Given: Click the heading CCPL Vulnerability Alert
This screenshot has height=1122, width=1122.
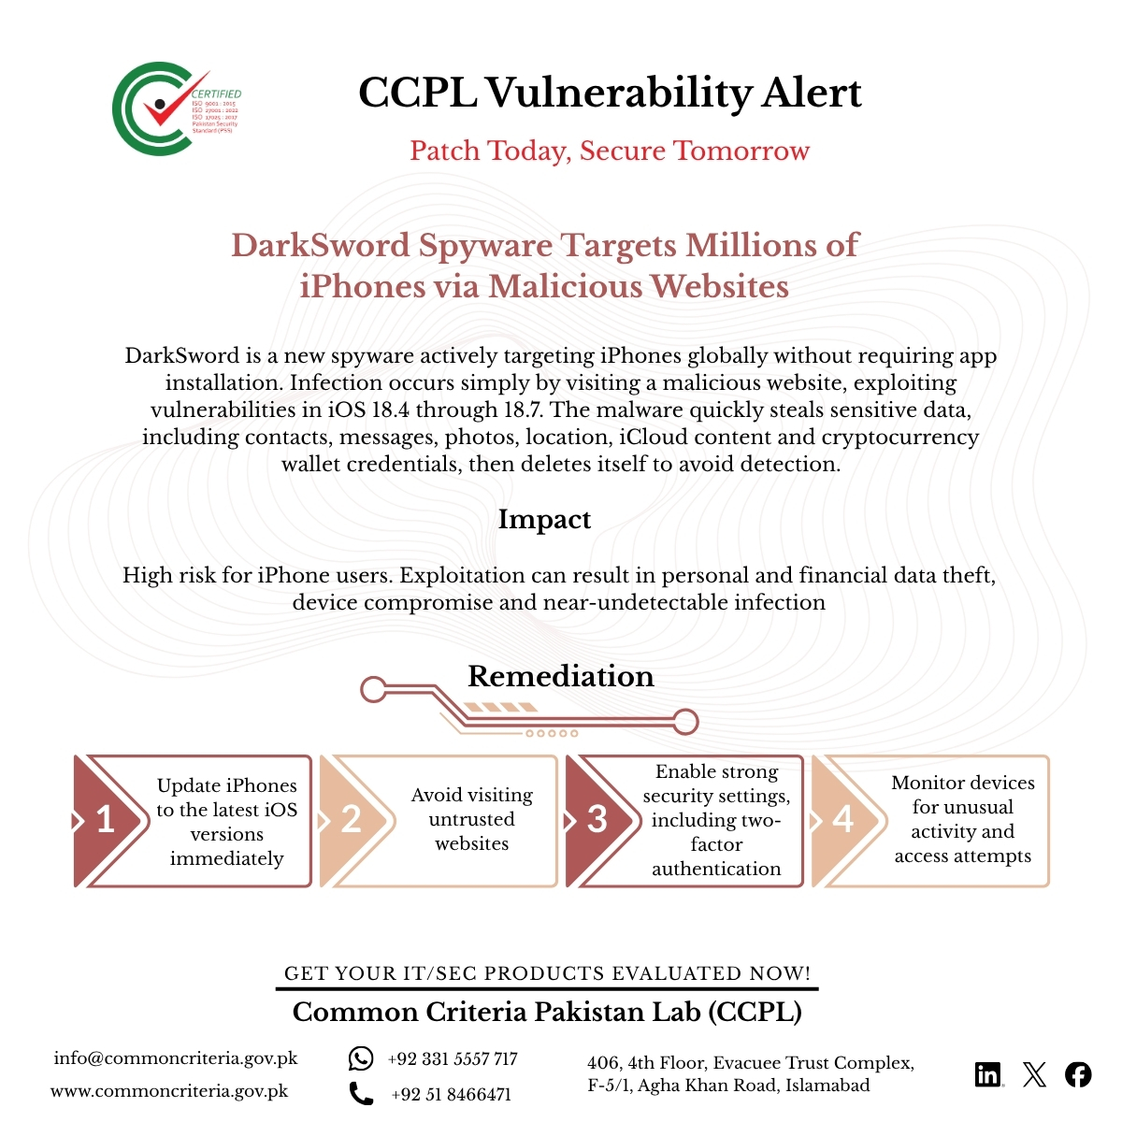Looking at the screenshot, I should coord(610,93).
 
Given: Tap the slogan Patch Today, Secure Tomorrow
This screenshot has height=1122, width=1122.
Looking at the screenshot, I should coord(610,151).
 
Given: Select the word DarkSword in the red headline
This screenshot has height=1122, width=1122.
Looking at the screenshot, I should coord(321,245).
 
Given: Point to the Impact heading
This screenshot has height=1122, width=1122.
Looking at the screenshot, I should coord(544,519).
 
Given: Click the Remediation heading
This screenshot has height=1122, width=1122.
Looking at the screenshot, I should coord(560,675).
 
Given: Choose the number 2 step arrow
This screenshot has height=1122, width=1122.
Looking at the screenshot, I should coord(352,820).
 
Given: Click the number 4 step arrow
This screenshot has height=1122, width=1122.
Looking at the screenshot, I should coord(844,820).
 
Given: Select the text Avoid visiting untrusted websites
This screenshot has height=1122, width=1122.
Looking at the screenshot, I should coord(472,819).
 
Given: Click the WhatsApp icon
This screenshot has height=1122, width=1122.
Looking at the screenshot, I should coord(361,1058).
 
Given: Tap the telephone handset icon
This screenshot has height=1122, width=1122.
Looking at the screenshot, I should coord(361,1093).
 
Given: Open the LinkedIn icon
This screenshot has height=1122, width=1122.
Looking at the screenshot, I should coord(988,1074).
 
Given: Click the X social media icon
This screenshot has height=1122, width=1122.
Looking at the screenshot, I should coord(1034,1074).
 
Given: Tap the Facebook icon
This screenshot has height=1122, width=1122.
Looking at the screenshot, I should coord(1078,1074).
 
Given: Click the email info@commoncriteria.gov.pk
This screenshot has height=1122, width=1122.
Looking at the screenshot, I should coord(176,1058).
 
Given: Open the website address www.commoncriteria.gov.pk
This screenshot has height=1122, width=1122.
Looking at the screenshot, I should coord(169,1091).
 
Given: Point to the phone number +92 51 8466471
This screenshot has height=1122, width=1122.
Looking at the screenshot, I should coord(452,1094).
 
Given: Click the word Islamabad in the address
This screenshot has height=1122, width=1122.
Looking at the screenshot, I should coord(827,1086).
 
